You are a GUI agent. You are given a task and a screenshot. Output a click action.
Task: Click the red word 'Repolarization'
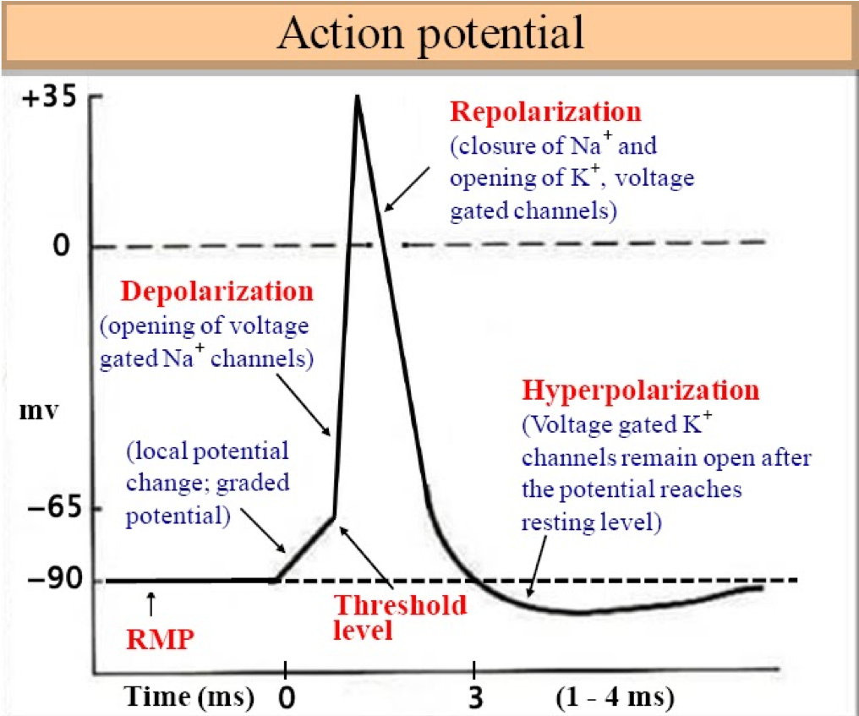(545, 112)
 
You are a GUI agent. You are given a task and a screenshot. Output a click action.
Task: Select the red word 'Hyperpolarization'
(640, 391)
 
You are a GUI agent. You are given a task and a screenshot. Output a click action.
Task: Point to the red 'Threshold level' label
(400, 618)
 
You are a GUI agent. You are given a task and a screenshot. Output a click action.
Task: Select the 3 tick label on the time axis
(475, 698)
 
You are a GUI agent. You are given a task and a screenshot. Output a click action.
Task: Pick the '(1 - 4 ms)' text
(614, 698)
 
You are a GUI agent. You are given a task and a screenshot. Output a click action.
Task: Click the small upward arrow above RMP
(151, 604)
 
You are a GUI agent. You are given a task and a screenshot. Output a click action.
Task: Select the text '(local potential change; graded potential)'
(208, 484)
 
